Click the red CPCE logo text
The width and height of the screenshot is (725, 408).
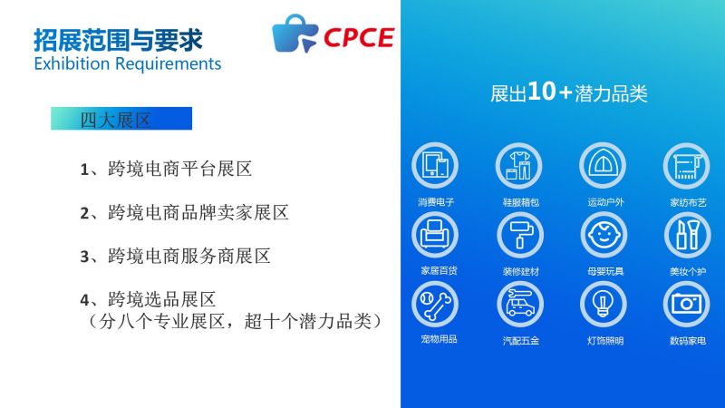tap(359, 37)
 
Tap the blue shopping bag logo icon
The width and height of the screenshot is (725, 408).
tap(295, 34)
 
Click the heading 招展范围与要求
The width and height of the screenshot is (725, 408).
tap(118, 40)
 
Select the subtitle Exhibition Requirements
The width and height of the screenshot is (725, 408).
tap(128, 63)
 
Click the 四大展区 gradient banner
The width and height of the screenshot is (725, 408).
tap(121, 119)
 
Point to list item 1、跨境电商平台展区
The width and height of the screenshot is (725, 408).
tap(166, 169)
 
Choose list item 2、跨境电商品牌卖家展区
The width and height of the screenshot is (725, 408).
tap(185, 213)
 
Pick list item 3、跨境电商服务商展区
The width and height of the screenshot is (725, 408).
tap(175, 257)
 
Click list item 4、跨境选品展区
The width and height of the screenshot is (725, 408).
tap(148, 300)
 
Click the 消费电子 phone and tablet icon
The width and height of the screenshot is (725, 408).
tap(435, 166)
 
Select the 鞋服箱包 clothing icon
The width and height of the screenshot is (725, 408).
tap(518, 166)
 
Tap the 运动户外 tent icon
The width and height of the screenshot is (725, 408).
tap(603, 166)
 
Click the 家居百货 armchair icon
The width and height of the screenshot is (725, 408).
tap(435, 235)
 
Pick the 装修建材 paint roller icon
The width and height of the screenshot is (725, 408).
tap(520, 235)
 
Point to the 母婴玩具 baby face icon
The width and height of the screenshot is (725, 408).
tap(604, 235)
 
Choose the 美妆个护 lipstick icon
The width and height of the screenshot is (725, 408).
tap(688, 235)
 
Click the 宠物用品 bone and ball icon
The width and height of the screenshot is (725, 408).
tap(435, 305)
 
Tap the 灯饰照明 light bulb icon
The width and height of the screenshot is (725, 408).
tap(603, 305)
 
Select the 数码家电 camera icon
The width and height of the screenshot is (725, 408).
tap(687, 305)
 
